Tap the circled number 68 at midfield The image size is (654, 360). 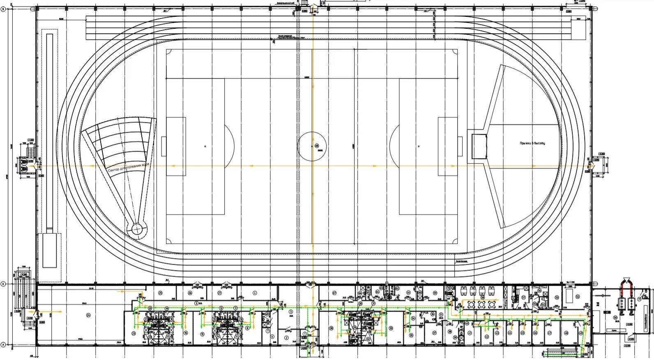(317, 146)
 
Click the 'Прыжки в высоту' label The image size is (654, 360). (532, 143)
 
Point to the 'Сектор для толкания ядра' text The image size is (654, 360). (129, 167)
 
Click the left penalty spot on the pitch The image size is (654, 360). (205, 146)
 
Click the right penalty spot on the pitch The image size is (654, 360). (419, 146)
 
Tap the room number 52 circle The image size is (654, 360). (577, 296)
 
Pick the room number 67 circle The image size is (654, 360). (334, 293)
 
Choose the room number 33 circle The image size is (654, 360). (391, 328)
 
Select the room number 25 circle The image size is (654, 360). (160, 293)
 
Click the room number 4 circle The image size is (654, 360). (255, 293)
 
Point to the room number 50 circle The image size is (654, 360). (615, 318)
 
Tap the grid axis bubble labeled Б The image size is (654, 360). (4, 284)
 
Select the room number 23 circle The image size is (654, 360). (134, 334)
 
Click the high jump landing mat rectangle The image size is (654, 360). (479, 146)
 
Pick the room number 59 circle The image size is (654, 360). (435, 293)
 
